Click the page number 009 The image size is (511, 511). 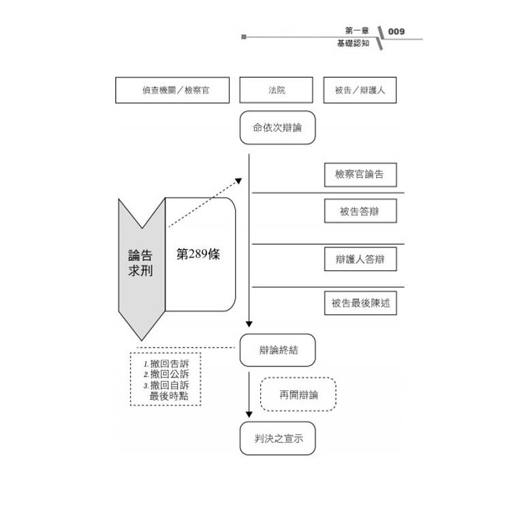(396, 31)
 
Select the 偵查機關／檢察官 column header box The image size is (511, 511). (172, 90)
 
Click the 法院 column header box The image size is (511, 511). (276, 90)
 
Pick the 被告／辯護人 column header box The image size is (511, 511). (360, 90)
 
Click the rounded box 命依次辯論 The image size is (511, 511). (277, 127)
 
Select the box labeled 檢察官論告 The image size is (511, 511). (360, 174)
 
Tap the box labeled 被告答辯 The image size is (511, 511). (360, 211)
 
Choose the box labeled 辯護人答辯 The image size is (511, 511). (360, 260)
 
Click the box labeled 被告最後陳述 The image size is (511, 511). (360, 303)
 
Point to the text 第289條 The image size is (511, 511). (198, 255)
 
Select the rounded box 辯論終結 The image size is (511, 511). (277, 350)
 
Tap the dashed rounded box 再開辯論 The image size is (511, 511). (298, 394)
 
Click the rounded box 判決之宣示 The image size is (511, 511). (277, 438)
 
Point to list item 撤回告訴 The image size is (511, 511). (170, 363)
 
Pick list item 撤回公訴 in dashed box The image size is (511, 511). (170, 374)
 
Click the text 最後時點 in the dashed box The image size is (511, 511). (170, 395)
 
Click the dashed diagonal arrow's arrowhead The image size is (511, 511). (238, 181)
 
